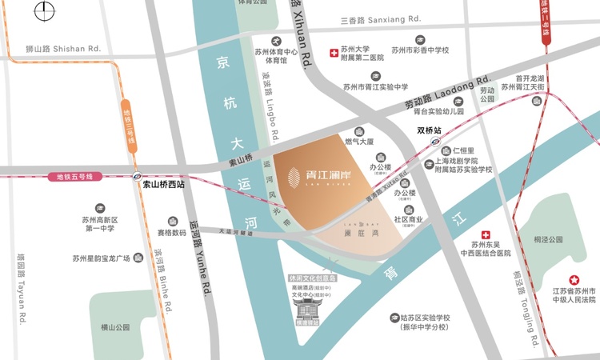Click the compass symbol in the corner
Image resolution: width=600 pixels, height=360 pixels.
[45, 14]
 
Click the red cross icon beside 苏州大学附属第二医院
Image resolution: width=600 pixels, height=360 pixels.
[334, 53]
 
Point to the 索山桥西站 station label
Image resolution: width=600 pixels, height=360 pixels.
[163, 184]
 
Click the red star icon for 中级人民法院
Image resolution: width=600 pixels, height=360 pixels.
[573, 279]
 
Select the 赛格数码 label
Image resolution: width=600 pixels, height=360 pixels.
[172, 233]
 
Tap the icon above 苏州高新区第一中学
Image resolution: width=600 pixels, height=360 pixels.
[99, 207]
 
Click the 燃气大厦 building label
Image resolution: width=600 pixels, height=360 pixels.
[360, 142]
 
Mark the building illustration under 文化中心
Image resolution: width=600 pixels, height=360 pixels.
[309, 307]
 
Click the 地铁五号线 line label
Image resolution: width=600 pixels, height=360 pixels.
[81, 176]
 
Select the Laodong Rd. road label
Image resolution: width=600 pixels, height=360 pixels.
[447, 92]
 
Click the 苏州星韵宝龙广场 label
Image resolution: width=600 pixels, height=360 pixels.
[102, 258]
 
